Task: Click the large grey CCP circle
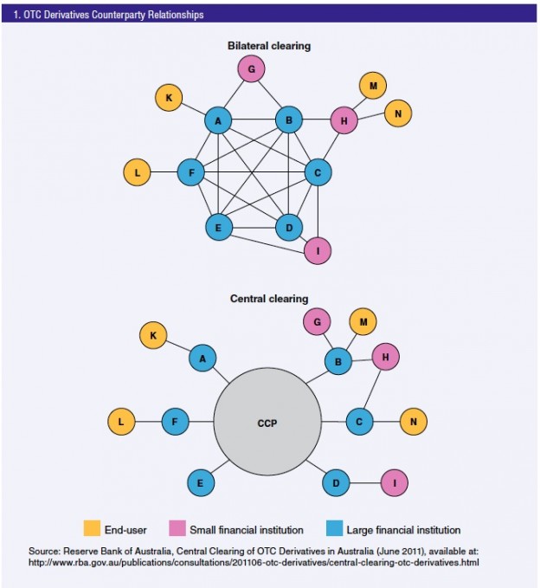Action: [267, 423]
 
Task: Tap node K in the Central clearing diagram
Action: [153, 334]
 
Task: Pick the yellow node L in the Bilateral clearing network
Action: [137, 172]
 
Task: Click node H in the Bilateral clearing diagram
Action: [344, 121]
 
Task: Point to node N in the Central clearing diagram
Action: [413, 422]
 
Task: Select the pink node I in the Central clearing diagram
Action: [394, 482]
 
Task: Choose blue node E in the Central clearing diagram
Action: [201, 482]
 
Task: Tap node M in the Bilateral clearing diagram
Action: [372, 86]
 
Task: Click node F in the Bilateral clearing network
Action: [190, 172]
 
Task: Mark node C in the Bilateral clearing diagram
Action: [318, 172]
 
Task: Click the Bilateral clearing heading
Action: [268, 44]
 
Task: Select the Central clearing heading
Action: [268, 299]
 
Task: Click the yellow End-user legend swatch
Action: [92, 528]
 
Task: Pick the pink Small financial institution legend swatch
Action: [177, 528]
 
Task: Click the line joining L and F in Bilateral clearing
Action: [164, 172]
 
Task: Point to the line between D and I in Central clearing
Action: [364, 482]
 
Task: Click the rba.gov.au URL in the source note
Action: [255, 563]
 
